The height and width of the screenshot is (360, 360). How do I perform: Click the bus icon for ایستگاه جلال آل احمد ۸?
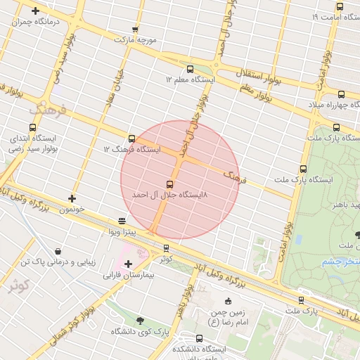click(x=169, y=184)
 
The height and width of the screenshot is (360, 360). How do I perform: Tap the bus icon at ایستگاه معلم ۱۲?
click(x=190, y=69)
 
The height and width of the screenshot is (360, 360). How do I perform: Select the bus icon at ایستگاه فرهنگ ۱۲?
click(x=131, y=139)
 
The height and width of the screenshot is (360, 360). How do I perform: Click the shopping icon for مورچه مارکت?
click(x=135, y=30)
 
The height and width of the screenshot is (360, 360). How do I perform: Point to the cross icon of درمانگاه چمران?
click(x=36, y=11)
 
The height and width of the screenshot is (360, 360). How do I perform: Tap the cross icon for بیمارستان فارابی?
click(x=128, y=264)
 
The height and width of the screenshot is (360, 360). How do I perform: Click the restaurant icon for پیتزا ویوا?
click(x=122, y=220)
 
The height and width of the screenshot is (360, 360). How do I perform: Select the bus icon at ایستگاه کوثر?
click(x=166, y=247)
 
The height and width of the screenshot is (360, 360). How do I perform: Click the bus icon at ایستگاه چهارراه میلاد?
click(x=341, y=94)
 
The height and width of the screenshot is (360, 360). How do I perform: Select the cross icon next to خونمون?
click(x=72, y=198)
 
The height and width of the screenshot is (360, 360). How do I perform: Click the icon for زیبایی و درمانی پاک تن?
click(x=58, y=251)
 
